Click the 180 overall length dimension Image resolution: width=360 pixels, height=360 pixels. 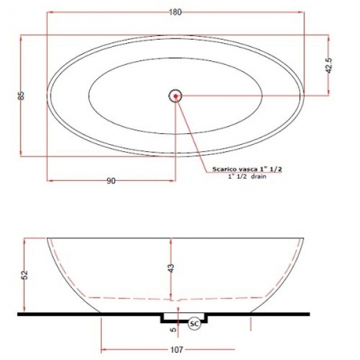pyautogui.click(x=175, y=12)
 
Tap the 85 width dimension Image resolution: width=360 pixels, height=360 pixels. pyautogui.click(x=21, y=96)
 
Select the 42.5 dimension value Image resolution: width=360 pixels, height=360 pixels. pyautogui.click(x=329, y=66)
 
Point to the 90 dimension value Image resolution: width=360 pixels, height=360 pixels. pyautogui.click(x=111, y=181)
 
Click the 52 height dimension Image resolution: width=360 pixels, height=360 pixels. pyautogui.click(x=25, y=275)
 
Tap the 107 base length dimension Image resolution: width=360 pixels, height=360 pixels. pyautogui.click(x=177, y=350)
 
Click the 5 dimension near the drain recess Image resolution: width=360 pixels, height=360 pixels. pyautogui.click(x=174, y=329)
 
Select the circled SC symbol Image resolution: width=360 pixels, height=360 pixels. pyautogui.click(x=194, y=323)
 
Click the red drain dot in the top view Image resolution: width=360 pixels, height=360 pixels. pyautogui.click(x=176, y=96)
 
